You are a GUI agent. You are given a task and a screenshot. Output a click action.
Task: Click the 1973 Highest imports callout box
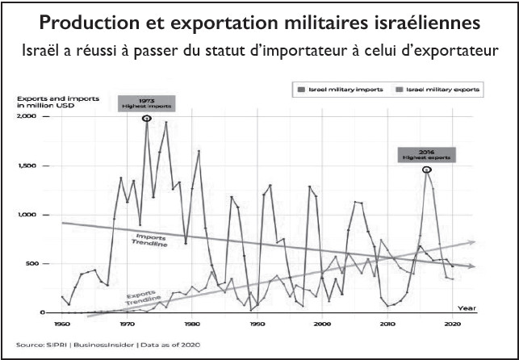tap(147, 103)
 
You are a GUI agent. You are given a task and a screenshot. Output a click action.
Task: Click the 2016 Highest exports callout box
tap(426, 154)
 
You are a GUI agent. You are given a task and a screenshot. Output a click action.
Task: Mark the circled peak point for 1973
tap(147, 119)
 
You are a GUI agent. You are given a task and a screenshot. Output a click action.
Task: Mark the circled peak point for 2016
tap(426, 169)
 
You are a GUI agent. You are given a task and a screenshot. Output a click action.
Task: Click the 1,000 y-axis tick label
tap(28, 215)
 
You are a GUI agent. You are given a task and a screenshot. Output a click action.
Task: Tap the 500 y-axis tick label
tap(32, 264)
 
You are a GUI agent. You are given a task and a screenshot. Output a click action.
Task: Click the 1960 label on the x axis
tap(62, 323)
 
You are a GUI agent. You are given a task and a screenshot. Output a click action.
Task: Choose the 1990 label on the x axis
tap(257, 323)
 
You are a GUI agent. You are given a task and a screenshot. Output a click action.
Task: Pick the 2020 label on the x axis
tap(452, 323)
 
